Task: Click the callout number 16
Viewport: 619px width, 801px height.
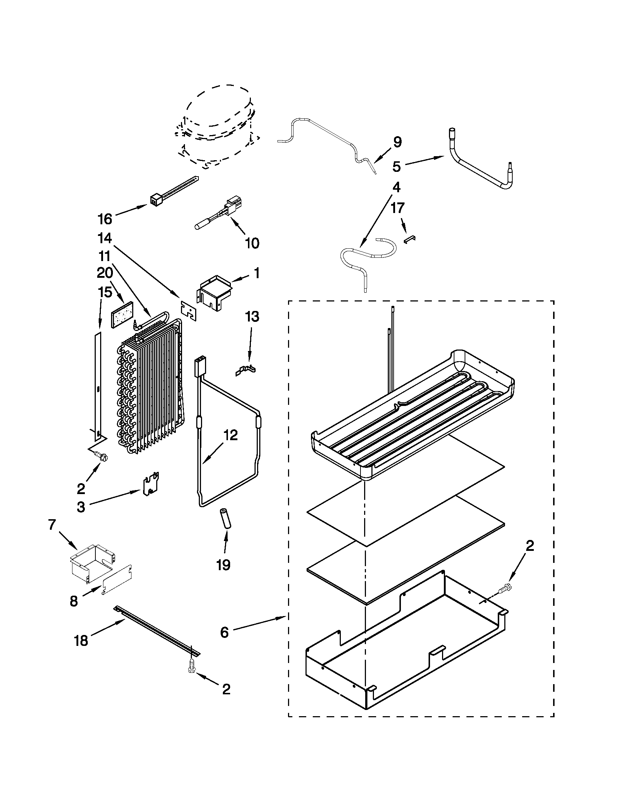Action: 105,219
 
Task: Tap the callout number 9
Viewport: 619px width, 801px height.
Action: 398,142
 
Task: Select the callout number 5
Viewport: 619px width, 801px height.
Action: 397,166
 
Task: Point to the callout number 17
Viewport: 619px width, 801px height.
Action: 398,208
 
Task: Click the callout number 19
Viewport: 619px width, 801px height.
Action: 223,564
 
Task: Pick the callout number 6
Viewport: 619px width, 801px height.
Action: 224,632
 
